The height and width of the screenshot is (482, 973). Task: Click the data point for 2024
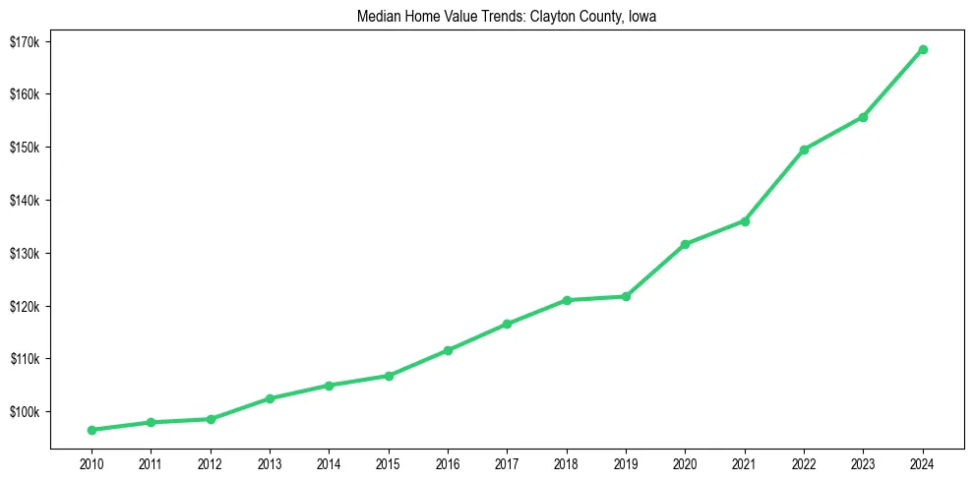click(x=923, y=49)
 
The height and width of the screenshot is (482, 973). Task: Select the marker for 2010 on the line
click(x=91, y=430)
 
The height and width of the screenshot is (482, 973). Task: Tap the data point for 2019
click(x=626, y=296)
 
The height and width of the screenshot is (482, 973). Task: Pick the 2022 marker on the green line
click(x=804, y=150)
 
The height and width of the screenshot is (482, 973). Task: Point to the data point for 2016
click(x=448, y=350)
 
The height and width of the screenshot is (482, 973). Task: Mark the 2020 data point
click(x=685, y=244)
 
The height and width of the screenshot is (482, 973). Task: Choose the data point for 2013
click(x=270, y=398)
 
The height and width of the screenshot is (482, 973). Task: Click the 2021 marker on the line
click(x=745, y=221)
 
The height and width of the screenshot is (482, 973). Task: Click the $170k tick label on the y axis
click(x=24, y=41)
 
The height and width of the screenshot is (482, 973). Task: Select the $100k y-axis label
click(x=24, y=411)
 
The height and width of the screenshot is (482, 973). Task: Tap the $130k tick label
click(x=24, y=253)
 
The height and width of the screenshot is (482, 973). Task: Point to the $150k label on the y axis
click(x=24, y=148)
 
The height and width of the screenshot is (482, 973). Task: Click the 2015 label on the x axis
click(x=389, y=463)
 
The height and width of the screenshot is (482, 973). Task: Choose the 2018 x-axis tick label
click(x=567, y=463)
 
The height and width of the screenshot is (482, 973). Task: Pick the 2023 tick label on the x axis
click(x=863, y=463)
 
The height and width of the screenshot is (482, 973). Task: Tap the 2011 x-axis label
click(x=151, y=463)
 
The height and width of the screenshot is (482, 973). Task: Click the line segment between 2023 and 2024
click(x=893, y=83)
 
